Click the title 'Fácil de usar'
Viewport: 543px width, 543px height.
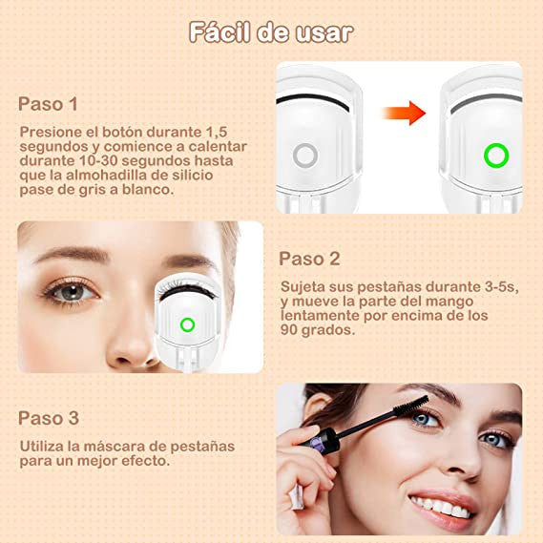[271, 31]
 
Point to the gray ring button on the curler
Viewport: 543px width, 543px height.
[305, 156]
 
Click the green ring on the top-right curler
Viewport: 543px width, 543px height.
[496, 155]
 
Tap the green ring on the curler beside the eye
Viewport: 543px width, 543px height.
[187, 324]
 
